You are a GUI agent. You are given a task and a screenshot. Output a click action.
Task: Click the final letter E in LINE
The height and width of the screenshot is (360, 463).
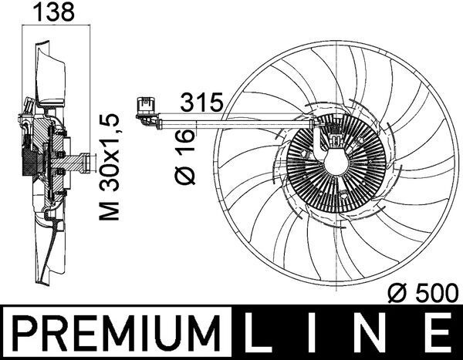pos(437,333)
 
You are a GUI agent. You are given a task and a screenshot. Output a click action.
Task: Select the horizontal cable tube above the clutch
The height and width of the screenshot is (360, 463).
pos(231,119)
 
